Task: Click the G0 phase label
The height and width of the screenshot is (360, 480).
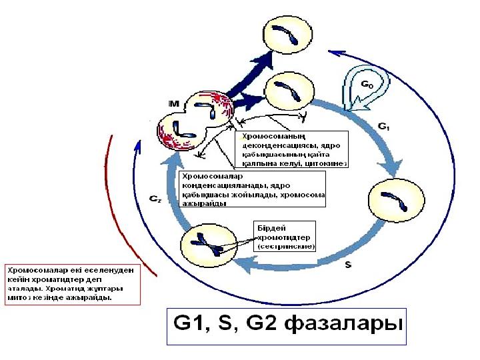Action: [367, 85]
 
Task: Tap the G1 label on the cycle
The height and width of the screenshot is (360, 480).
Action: [383, 127]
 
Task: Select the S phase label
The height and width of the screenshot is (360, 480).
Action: [348, 265]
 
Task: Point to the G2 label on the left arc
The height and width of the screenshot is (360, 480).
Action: [154, 198]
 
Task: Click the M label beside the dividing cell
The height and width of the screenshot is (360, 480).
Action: [174, 103]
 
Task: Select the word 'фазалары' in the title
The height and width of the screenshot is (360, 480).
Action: [344, 325]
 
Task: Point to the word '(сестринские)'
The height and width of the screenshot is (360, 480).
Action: [285, 246]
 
